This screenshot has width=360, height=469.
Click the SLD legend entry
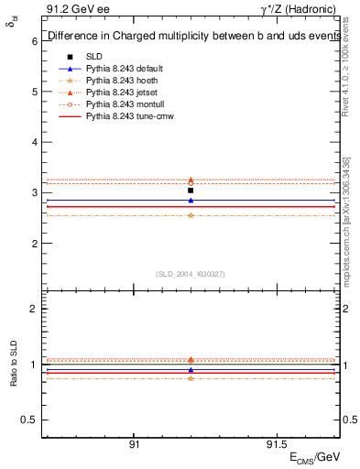click(94, 57)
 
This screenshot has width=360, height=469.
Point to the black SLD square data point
click(191, 191)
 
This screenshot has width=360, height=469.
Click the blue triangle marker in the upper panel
click(191, 200)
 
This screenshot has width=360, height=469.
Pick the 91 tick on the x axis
click(134, 444)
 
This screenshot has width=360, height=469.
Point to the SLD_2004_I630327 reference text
click(191, 273)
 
